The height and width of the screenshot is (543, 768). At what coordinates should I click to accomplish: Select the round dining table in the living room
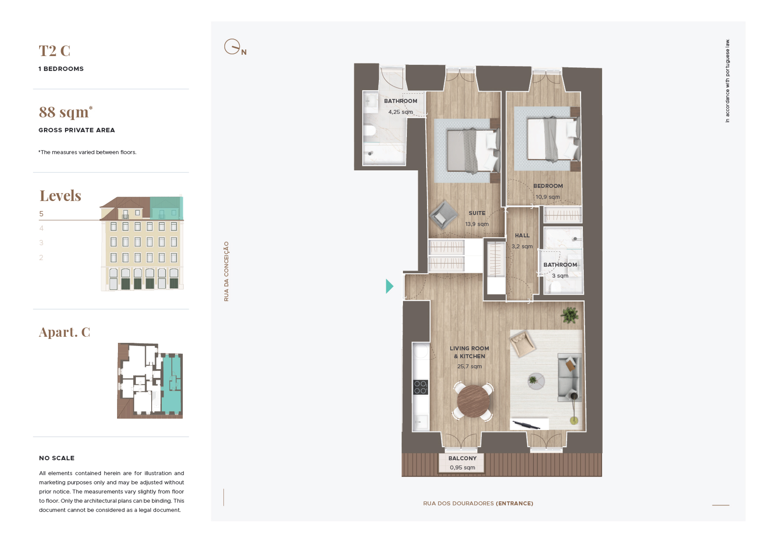473,401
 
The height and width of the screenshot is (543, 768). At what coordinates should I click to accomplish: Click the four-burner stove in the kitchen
420,387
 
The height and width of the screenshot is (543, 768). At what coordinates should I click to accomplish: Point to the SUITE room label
477,213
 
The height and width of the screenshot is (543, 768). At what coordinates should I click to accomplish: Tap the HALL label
522,236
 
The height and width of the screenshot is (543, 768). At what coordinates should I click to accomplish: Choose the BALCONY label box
462,463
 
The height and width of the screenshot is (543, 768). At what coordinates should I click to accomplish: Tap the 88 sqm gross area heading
66,112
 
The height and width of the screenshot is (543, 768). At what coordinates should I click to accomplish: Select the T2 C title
54,51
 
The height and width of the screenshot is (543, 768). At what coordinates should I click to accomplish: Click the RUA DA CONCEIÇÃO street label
227,271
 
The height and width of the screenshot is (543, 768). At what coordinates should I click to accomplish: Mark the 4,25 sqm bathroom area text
400,112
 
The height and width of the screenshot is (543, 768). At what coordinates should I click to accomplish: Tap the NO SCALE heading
57,458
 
